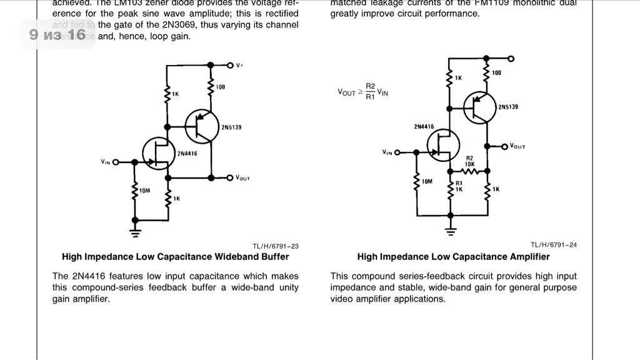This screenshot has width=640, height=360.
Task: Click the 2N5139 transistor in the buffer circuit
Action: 201,126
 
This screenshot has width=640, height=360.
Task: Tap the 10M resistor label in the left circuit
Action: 145,190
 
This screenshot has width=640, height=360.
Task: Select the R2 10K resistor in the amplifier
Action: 470,170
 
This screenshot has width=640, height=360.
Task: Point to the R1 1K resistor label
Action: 459,186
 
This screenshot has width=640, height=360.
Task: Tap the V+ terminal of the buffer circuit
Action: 230,65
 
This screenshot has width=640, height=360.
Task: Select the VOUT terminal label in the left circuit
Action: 242,178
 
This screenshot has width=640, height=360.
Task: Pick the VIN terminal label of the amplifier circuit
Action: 387,152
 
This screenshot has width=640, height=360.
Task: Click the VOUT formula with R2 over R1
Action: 363,91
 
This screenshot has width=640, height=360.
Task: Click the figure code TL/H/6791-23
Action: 275,246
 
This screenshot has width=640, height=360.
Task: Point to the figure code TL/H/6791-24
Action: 554,245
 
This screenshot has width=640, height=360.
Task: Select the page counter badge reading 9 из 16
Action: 57,34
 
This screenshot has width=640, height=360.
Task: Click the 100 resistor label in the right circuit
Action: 496,73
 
